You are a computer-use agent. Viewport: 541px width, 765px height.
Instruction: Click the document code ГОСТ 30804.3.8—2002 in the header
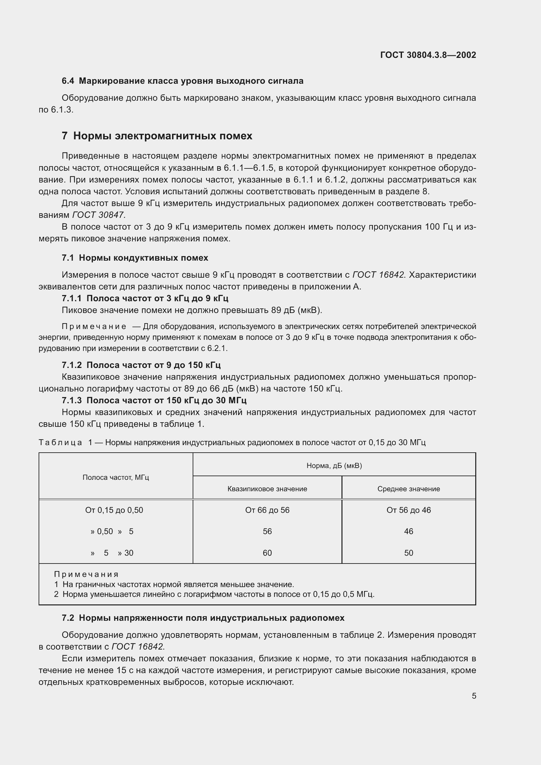(428, 55)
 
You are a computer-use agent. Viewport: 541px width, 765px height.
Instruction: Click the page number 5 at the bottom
(474, 696)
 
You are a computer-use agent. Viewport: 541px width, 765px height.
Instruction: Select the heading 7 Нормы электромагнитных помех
(157, 136)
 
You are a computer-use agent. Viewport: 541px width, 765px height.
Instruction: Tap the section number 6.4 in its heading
(68, 81)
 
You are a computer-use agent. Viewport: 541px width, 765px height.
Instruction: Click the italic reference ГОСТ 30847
(98, 215)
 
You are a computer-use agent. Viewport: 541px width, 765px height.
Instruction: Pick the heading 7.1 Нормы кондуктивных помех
(135, 257)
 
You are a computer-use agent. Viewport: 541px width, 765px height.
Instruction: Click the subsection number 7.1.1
(72, 298)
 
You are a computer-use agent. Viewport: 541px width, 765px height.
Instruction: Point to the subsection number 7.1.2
(72, 365)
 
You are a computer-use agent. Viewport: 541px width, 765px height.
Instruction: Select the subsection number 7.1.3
(72, 400)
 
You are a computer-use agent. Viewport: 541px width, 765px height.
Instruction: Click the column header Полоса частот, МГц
(115, 477)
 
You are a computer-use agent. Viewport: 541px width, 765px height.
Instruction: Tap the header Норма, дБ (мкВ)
(334, 465)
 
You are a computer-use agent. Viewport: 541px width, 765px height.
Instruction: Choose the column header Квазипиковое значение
(267, 489)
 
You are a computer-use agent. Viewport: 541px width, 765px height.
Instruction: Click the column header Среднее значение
(409, 489)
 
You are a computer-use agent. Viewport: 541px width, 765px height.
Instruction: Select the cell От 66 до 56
(267, 510)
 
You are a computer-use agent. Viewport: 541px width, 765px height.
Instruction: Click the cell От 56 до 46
(409, 510)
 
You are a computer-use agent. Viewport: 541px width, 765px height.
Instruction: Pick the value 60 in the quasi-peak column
(267, 553)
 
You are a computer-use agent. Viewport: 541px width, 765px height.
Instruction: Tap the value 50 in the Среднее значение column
(409, 553)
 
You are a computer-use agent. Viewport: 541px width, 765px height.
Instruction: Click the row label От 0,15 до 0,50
(114, 510)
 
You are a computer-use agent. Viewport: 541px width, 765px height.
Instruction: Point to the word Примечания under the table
(86, 574)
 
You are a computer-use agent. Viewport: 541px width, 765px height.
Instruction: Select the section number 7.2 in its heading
(68, 618)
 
